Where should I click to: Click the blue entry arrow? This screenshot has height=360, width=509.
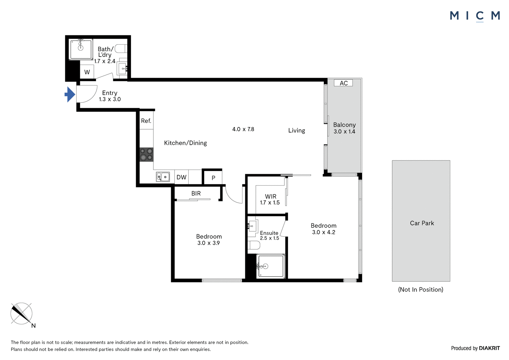tap(70, 95)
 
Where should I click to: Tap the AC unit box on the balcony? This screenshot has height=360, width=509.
tap(343, 83)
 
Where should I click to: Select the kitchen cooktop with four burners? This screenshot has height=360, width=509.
tap(146, 155)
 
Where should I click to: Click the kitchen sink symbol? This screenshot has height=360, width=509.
tap(163, 177)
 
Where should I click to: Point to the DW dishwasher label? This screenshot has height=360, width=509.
tap(181, 177)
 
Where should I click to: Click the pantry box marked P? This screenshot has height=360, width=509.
tap(213, 178)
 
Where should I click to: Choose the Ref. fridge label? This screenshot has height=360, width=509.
tap(146, 121)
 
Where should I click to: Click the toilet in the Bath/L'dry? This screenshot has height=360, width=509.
tap(121, 49)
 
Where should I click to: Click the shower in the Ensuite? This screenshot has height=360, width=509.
tap(270, 266)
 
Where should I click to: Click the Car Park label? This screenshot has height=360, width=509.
tap(422, 223)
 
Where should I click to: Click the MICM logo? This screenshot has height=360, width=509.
tap(475, 16)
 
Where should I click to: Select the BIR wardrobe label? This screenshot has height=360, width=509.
tap(196, 194)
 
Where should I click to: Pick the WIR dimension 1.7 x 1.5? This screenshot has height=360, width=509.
tap(270, 203)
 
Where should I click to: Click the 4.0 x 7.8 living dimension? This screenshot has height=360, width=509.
tap(243, 129)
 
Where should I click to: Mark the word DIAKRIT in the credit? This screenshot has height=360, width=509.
tap(489, 348)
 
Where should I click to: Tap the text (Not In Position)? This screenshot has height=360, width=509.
tap(421, 290)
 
